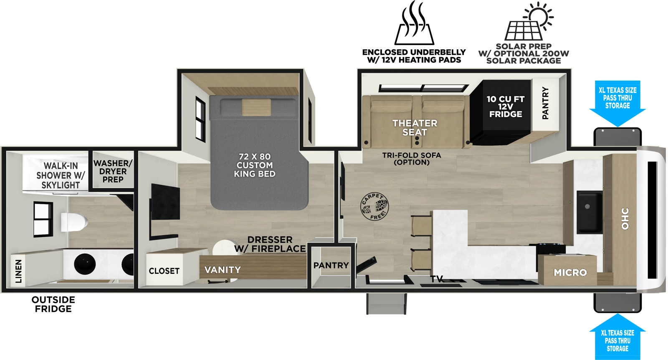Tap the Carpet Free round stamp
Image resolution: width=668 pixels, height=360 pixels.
click(x=374, y=206)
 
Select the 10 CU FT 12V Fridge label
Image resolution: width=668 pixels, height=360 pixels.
click(x=505, y=106)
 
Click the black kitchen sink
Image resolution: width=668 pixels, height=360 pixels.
click(x=589, y=212)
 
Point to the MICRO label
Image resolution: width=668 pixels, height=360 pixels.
click(x=570, y=272)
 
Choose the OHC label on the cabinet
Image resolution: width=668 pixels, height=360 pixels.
click(x=625, y=219)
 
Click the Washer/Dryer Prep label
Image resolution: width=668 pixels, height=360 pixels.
click(x=113, y=171)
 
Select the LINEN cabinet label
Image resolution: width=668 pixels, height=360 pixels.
click(x=18, y=271)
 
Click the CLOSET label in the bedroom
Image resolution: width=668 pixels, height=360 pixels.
click(x=164, y=271)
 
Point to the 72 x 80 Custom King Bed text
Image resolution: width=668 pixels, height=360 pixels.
click(x=255, y=165)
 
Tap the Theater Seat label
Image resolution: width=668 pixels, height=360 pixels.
click(x=415, y=128)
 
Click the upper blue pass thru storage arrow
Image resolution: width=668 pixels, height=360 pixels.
click(x=617, y=102)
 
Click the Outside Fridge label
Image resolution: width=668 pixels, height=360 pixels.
click(x=53, y=304)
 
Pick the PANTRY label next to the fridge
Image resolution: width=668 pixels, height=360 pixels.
click(x=545, y=103)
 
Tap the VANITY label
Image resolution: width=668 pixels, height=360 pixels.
click(x=223, y=270)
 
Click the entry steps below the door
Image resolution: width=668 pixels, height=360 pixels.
click(x=386, y=303)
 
